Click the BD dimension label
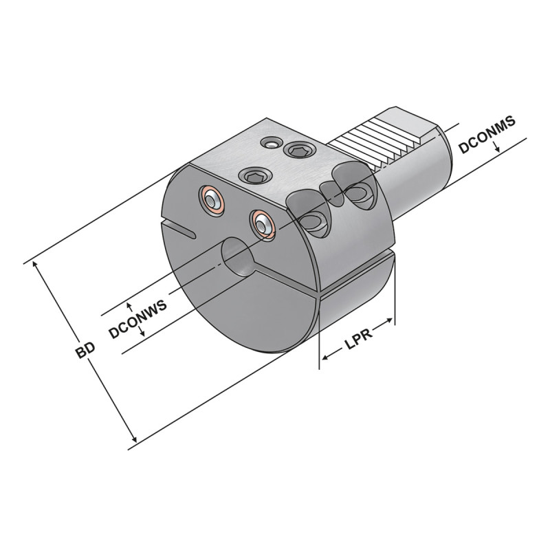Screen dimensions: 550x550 (x=85, y=349)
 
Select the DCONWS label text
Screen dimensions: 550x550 (x=137, y=319)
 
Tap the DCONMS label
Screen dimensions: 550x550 (x=487, y=134)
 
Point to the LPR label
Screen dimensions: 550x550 (x=358, y=339)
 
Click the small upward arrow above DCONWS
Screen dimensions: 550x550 (x=130, y=307)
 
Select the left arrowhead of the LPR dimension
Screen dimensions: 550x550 (x=325, y=357)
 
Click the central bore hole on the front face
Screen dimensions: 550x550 (x=238, y=256)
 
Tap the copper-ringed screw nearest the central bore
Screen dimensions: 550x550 (x=262, y=225)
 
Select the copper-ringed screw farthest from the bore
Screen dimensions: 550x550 (x=211, y=200)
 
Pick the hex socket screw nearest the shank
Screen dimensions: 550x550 (x=299, y=150)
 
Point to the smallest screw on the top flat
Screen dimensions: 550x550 (x=272, y=142)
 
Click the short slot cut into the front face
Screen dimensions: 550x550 (x=179, y=230)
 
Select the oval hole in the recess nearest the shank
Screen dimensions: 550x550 (x=356, y=193)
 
